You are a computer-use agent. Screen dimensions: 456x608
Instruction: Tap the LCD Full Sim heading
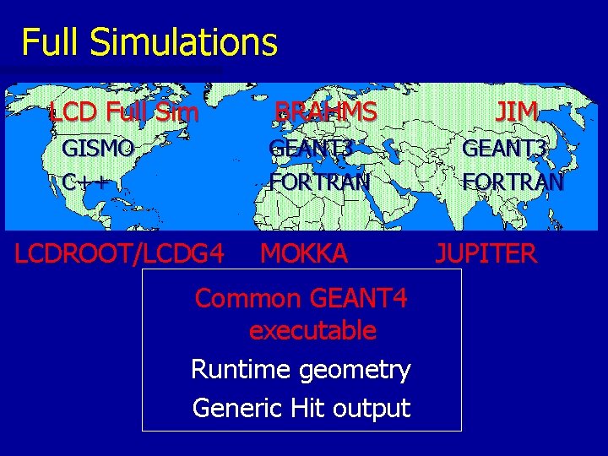tap(124, 111)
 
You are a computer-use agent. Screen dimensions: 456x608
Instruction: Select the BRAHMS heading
tap(326, 111)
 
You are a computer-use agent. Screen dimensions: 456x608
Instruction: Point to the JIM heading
tap(516, 111)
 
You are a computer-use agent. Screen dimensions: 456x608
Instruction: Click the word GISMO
tap(98, 149)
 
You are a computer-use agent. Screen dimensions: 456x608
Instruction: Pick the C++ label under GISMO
tap(85, 181)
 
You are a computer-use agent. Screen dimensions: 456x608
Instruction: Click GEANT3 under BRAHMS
tap(310, 149)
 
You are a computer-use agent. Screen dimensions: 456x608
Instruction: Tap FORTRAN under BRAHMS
tap(319, 181)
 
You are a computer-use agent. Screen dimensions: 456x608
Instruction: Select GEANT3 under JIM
tap(505, 149)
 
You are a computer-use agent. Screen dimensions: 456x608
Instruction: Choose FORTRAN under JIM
tap(513, 181)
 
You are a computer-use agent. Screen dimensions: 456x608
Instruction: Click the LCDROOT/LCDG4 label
tap(119, 252)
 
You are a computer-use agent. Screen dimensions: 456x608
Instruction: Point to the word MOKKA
tap(304, 252)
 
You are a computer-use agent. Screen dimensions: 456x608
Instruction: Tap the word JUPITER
tap(486, 252)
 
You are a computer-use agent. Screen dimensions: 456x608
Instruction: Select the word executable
tap(312, 330)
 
